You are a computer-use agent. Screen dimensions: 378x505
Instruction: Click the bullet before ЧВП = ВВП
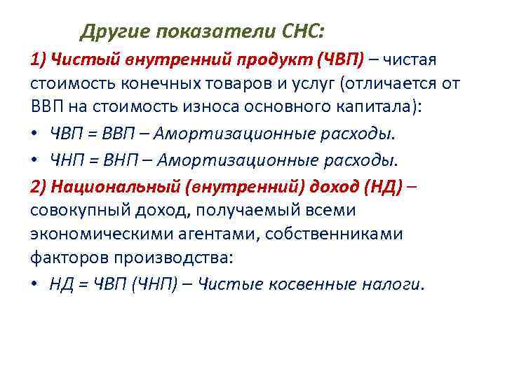point(34,135)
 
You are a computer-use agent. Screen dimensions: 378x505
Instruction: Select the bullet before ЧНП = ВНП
point(34,160)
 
